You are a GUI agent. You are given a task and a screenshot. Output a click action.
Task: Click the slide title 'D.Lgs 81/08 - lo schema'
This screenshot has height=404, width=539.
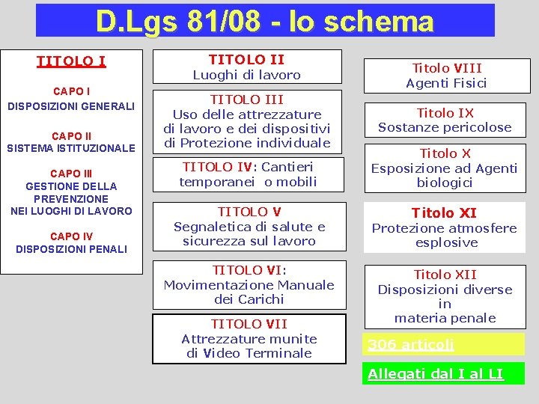pos(265,20)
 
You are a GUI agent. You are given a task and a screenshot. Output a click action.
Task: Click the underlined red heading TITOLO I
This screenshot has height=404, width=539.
pos(71,61)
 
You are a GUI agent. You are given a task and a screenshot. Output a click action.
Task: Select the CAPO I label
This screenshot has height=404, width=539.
pos(71,91)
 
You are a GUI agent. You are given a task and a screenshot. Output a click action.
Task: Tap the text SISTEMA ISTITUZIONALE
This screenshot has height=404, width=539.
pos(71,148)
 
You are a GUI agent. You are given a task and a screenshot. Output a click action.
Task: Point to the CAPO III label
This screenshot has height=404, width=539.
pos(71,173)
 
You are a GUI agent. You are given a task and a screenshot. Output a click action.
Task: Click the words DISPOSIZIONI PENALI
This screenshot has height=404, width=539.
pos(71,248)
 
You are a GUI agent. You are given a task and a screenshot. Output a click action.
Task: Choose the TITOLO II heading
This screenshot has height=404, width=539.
pos(246,59)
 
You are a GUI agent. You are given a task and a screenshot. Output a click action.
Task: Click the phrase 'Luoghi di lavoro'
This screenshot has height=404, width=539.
pos(246,75)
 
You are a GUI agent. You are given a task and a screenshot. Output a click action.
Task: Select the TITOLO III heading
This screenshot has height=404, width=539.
pos(246,99)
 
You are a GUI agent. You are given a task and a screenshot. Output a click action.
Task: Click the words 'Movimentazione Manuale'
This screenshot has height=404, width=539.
pos(249,285)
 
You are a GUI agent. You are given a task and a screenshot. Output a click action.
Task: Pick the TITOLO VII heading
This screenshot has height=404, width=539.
pos(249,324)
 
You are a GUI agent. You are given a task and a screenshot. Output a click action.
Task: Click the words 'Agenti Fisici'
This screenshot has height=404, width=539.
pos(446,83)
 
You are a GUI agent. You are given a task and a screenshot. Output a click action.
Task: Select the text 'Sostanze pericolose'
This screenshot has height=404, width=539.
pos(445,127)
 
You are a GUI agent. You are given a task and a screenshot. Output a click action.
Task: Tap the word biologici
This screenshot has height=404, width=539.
pos(445,183)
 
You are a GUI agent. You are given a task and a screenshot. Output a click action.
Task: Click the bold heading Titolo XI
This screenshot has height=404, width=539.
pos(445,213)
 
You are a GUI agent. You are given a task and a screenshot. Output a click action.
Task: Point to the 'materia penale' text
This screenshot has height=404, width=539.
pos(445,318)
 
